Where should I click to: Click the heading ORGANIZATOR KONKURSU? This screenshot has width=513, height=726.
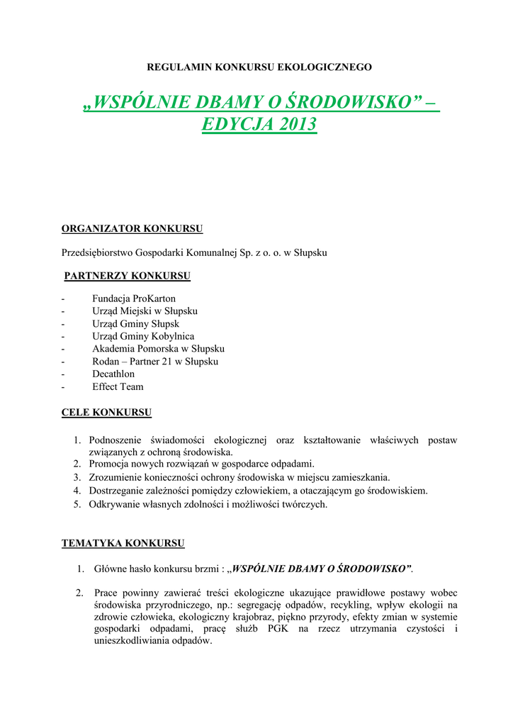[x=133, y=229]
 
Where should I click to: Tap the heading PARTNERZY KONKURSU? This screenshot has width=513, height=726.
[x=128, y=276]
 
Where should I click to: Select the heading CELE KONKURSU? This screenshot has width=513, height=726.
[x=106, y=412]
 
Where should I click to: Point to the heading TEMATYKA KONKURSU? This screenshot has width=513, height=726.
[x=123, y=544]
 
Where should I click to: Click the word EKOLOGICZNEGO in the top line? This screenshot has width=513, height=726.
[x=325, y=67]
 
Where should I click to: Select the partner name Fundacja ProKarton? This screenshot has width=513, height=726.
[x=133, y=298]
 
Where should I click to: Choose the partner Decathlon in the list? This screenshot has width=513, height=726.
[x=113, y=374]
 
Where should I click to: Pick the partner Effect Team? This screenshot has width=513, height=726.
[x=118, y=386]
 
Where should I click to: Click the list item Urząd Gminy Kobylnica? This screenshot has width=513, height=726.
[x=143, y=336]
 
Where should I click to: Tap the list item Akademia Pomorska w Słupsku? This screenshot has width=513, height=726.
[x=158, y=349]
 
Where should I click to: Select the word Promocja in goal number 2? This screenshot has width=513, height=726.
[x=110, y=464]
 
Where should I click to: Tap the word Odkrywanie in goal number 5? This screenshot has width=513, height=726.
[x=115, y=504]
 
